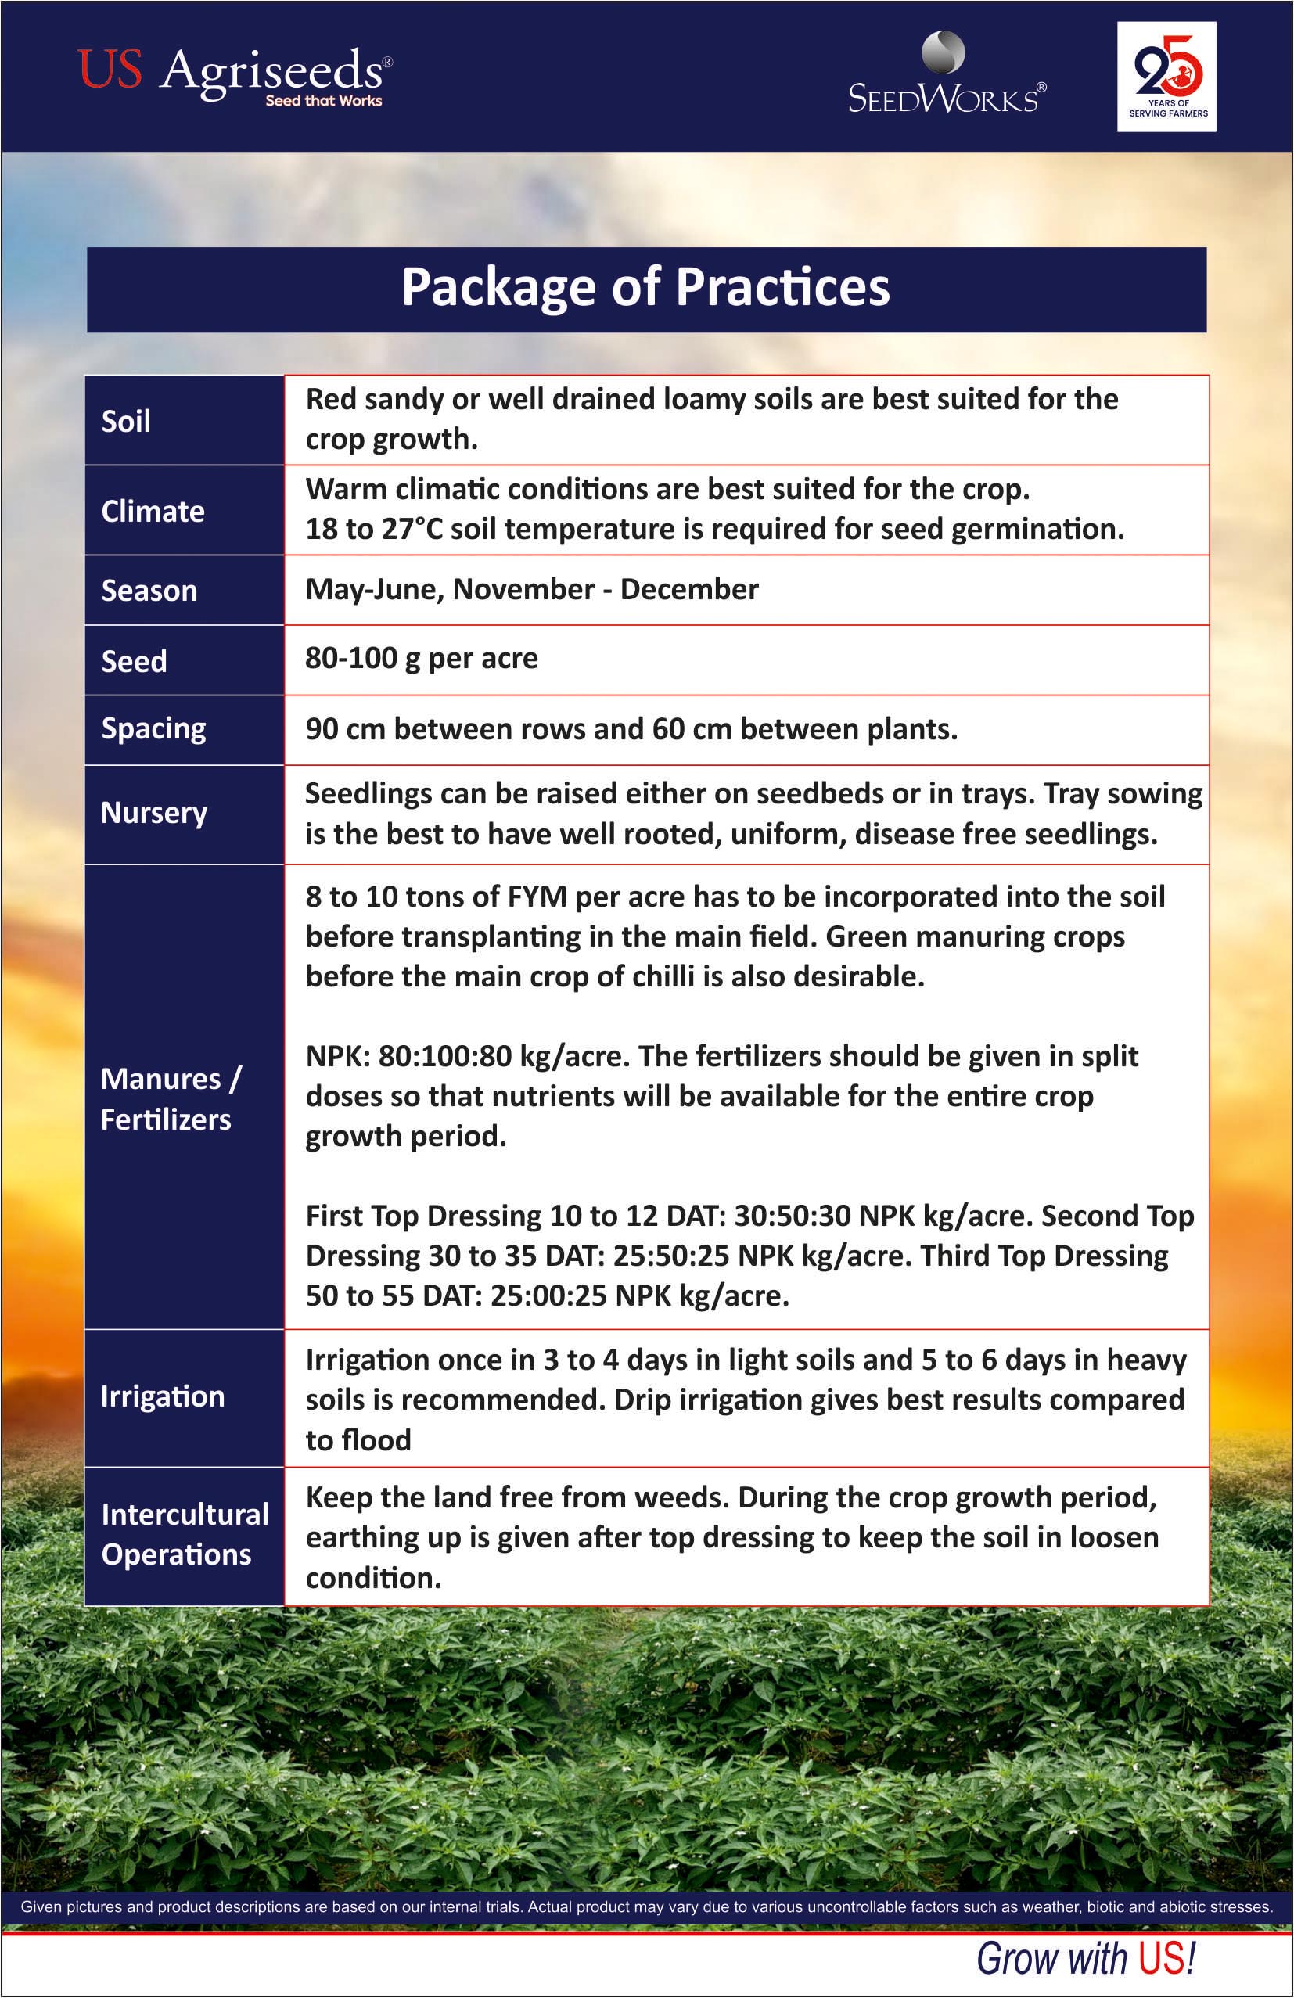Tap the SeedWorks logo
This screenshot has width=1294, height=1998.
947,76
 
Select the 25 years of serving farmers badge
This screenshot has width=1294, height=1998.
1166,77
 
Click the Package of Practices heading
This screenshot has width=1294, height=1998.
645,288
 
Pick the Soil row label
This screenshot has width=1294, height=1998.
126,421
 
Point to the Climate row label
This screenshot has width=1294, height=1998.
153,512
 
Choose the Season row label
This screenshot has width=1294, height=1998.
149,590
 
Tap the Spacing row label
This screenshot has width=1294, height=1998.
153,728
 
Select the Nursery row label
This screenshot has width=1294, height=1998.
153,813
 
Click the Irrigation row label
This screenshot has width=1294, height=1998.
163,1396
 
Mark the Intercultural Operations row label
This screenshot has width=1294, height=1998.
185,1534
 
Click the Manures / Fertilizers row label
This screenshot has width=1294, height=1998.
171,1098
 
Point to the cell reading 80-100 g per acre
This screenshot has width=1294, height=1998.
422,659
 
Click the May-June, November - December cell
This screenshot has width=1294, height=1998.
531,589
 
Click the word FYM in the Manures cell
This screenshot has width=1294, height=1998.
537,897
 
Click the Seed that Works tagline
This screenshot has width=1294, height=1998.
323,101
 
